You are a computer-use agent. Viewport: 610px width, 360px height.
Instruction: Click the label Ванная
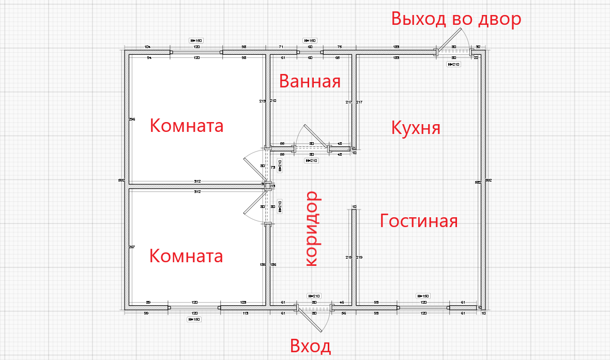310,82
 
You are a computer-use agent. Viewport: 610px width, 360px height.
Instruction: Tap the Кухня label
416,127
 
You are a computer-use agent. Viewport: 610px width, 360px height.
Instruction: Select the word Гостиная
419,221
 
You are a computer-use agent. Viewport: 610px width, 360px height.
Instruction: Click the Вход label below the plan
310,346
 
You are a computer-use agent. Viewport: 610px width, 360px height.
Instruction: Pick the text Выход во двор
456,19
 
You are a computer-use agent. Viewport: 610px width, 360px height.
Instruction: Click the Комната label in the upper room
187,125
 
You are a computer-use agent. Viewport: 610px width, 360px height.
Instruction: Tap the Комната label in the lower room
186,256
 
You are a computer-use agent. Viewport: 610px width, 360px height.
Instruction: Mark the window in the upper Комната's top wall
196,52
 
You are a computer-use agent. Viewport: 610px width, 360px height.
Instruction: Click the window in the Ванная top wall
310,52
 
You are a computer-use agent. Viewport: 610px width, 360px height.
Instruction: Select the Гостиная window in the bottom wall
423,308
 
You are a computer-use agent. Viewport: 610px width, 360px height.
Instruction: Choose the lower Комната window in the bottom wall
195,308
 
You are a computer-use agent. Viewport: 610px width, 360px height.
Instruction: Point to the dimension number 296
132,119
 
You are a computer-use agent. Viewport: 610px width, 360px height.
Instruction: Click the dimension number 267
132,247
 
